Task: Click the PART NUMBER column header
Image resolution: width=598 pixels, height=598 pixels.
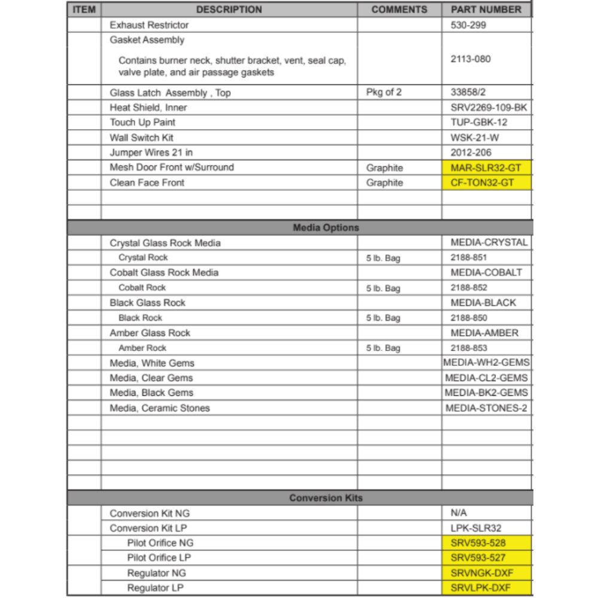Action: (486, 10)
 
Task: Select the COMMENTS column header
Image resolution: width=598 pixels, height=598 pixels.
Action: (399, 10)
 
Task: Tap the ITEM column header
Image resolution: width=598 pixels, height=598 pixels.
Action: (84, 10)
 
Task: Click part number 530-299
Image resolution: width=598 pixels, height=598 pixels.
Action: (468, 25)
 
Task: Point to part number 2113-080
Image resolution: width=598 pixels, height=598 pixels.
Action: (471, 59)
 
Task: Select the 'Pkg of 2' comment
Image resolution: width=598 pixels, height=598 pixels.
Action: (384, 93)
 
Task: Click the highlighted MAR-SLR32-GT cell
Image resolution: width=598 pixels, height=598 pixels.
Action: (486, 168)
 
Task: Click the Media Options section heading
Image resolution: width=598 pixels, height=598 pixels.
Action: (326, 228)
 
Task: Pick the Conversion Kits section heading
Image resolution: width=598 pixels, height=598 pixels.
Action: (326, 498)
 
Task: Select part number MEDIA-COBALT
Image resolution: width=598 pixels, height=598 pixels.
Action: (486, 273)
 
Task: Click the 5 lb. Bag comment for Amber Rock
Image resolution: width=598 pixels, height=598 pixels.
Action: (383, 348)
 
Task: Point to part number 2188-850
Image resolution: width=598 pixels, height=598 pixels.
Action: (469, 318)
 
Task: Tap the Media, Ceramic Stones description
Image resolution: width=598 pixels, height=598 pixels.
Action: (160, 408)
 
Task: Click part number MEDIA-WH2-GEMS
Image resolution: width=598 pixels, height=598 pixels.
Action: (486, 363)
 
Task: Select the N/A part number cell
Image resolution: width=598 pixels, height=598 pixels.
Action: (459, 513)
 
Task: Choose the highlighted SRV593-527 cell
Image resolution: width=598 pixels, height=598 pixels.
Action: (478, 558)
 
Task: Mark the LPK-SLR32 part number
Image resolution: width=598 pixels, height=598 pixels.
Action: (476, 529)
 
